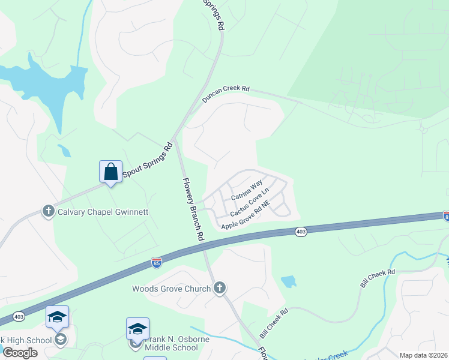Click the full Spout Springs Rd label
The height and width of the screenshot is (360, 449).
tap(148, 160)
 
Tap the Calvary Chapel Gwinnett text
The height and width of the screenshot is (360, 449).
tap(103, 211)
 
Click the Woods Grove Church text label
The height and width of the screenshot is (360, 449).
tap(172, 289)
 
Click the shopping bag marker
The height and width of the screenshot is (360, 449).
tap(111, 172)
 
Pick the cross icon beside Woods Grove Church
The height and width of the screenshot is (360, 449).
tap(220, 288)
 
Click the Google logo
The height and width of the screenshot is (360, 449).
tap(20, 353)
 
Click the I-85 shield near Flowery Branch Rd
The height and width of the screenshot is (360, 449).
tap(157, 262)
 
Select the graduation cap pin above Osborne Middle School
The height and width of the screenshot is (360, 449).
tap(137, 329)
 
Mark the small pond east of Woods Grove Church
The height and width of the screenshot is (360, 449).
tap(288, 281)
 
